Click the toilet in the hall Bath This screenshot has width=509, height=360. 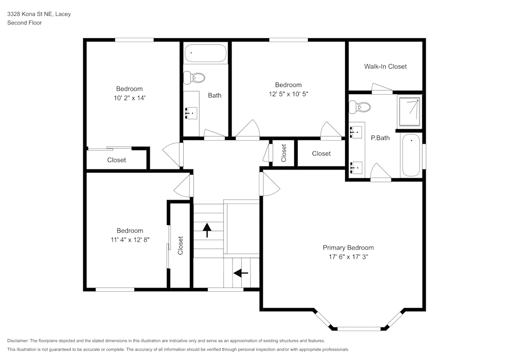coord(194,77)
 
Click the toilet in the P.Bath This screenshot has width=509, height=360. coord(359,107)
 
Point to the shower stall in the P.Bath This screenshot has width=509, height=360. coord(409,112)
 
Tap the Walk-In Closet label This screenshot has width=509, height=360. coord(385,66)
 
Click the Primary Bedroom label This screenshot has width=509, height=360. coord(348,247)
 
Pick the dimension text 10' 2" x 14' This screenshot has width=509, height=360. coord(129,98)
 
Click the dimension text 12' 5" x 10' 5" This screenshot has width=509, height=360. coord(288,94)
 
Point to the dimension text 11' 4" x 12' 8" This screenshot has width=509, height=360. coord(129,239)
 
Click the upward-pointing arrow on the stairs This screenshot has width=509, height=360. coord(207,230)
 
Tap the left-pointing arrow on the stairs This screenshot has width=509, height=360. coord(240,273)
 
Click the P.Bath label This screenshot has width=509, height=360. coord(380,137)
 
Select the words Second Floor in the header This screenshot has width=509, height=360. coord(24,23)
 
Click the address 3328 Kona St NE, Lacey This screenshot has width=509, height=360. coord(39,14)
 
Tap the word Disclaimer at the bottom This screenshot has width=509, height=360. coord(18,340)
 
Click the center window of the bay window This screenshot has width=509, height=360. coord(359,328)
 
